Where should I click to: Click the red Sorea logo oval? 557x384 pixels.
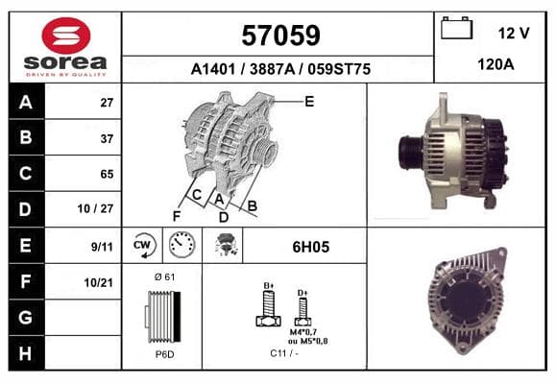click(65, 36)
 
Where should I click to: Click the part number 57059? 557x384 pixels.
click(280, 36)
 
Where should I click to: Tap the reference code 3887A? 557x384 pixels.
click(272, 69)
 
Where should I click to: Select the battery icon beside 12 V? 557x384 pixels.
click(456, 28)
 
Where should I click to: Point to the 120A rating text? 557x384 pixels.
click(496, 64)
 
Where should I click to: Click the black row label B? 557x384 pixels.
click(26, 137)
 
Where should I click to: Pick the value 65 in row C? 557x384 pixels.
click(107, 174)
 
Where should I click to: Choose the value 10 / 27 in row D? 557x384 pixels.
click(95, 209)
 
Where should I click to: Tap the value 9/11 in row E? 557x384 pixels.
click(102, 247)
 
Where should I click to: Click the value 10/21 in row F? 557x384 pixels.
click(98, 283)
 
